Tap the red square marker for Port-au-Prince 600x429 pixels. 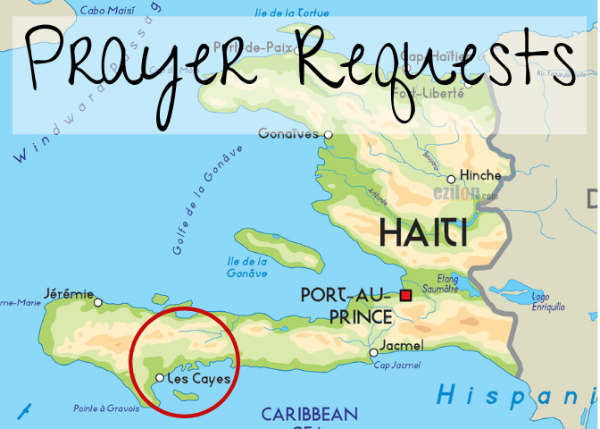[405, 296]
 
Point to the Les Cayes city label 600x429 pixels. [200, 379]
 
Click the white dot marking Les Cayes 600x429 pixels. [160, 378]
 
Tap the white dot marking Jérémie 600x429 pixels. [98, 302]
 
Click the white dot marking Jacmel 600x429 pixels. [374, 353]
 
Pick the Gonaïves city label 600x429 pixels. [288, 135]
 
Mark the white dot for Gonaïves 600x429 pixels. [328, 135]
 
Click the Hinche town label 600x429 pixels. [480, 176]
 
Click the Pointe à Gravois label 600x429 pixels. [107, 408]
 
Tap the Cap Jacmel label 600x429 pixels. [397, 364]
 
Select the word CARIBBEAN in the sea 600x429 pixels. [309, 414]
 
